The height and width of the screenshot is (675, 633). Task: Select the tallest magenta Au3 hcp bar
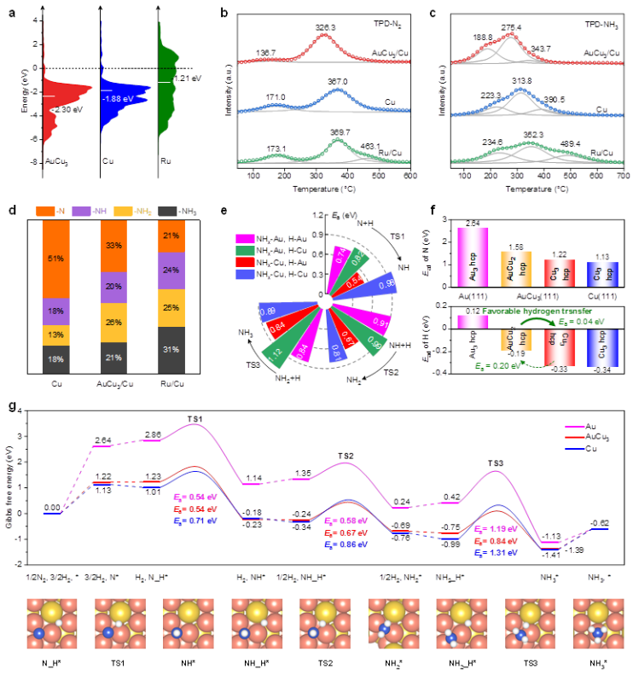pos(473,254)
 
